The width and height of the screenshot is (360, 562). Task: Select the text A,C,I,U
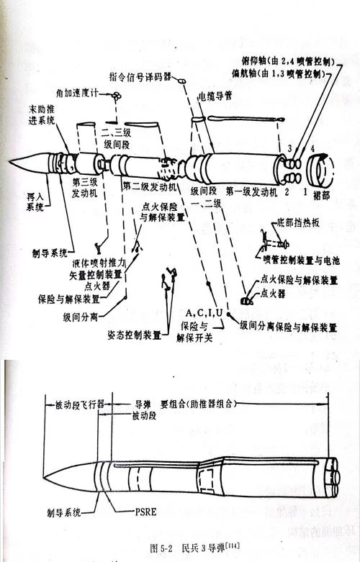click(204, 312)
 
